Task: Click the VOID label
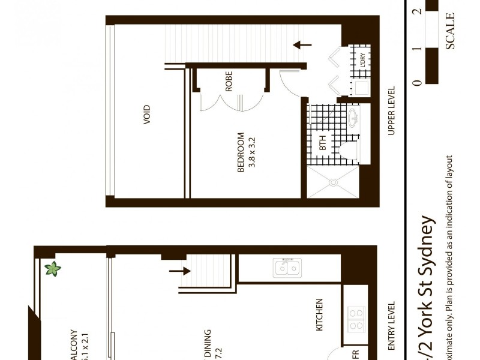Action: click(146, 115)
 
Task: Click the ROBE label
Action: click(229, 81)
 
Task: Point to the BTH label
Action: click(322, 143)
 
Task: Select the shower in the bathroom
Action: click(333, 182)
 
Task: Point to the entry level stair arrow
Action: click(178, 271)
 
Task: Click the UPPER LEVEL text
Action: click(391, 111)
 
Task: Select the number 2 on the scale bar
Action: click(417, 11)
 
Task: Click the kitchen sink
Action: click(287, 268)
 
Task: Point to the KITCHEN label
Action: click(319, 314)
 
